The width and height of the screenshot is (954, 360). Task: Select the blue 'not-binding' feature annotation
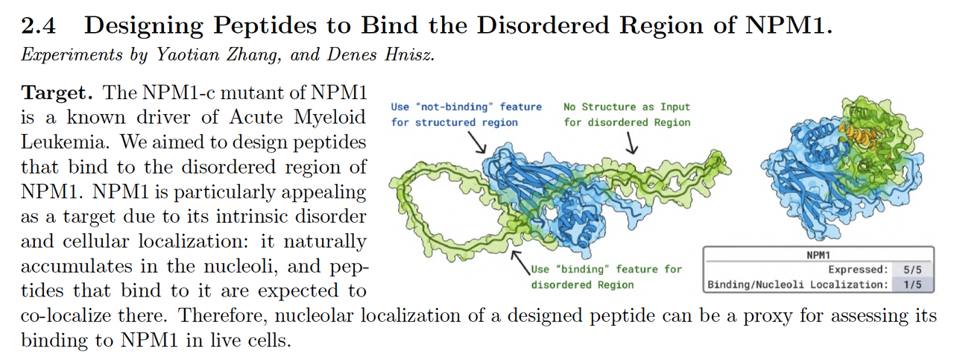(466, 115)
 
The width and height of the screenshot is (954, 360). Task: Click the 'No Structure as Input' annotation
(626, 115)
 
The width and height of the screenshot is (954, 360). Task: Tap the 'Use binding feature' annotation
(605, 277)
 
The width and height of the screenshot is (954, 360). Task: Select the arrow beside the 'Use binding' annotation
(518, 261)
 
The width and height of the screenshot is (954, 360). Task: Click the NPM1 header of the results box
(818, 255)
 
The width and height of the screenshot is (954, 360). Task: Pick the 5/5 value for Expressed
(912, 269)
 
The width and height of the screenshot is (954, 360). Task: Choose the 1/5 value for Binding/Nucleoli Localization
(912, 284)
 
